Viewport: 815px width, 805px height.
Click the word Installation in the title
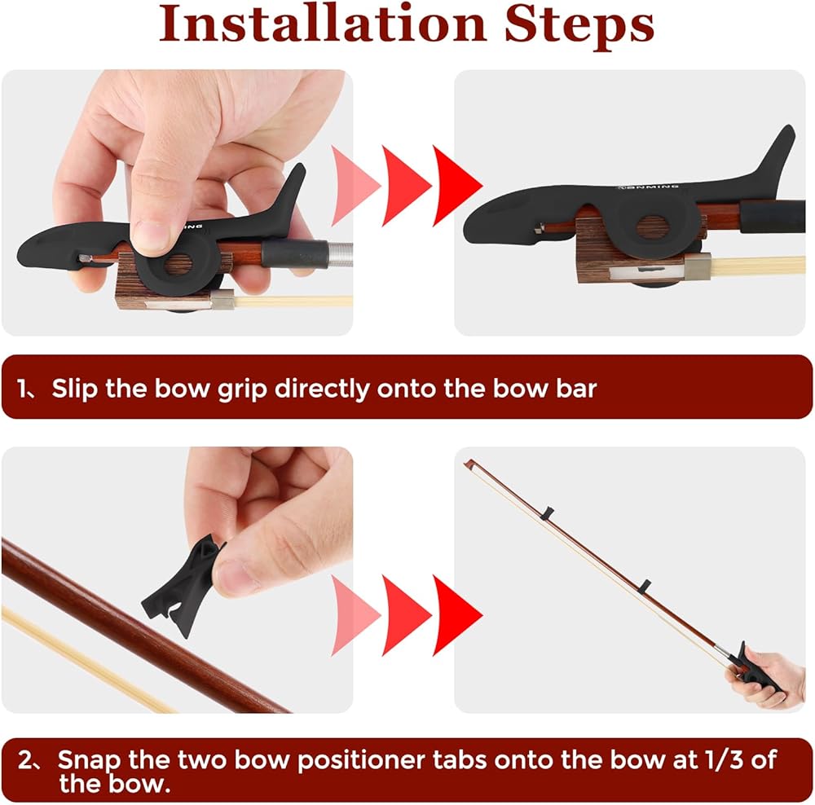pyautogui.click(x=322, y=24)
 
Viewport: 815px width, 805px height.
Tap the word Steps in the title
pyautogui.click(x=579, y=26)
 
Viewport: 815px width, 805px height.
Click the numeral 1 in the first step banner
pyautogui.click(x=22, y=388)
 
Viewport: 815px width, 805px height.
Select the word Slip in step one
pyautogui.click(x=74, y=389)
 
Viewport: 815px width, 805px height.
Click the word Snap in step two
pyautogui.click(x=88, y=761)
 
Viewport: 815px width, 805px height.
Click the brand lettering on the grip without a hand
pyautogui.click(x=648, y=187)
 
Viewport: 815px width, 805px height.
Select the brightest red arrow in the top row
pyautogui.click(x=457, y=186)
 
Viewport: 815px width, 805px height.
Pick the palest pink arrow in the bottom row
pyautogui.click(x=355, y=615)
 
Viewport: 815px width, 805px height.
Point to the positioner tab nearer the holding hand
pyautogui.click(x=645, y=586)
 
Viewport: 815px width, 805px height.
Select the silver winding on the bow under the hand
pyautogui.click(x=340, y=254)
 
